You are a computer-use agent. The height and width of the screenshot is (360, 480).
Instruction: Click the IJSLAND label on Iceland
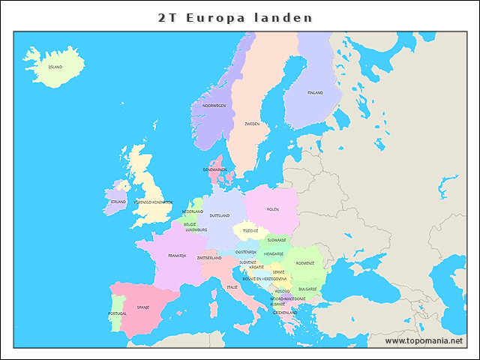(55, 67)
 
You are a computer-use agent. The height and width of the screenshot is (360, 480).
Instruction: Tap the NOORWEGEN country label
(214, 106)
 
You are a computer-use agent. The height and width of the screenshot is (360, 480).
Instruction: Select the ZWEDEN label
(252, 124)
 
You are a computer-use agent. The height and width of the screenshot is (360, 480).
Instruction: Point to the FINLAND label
(315, 93)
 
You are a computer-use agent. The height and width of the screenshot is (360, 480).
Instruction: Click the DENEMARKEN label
(215, 169)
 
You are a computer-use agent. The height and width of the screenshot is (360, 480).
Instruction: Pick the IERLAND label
(118, 202)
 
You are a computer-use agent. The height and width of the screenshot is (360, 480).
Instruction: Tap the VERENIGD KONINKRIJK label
(153, 202)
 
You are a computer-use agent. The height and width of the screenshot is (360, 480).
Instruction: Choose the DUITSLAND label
(220, 215)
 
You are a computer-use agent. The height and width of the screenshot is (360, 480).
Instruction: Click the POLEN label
(273, 209)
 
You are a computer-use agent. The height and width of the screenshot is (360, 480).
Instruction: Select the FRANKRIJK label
(177, 256)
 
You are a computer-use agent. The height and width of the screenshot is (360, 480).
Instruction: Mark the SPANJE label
(142, 307)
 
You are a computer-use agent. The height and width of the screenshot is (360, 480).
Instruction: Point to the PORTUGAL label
(118, 313)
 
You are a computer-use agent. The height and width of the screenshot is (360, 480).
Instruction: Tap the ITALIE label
(232, 287)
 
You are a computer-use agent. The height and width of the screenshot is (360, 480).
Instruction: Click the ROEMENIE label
(305, 263)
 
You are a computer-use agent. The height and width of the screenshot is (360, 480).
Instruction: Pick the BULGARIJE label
(307, 289)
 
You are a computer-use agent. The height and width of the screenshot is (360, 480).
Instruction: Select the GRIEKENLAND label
(285, 312)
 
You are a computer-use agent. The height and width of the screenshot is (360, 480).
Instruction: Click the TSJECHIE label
(250, 231)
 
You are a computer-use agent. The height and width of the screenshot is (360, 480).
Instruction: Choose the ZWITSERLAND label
(209, 258)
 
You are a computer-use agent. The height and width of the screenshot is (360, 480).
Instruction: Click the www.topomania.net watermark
(424, 340)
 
